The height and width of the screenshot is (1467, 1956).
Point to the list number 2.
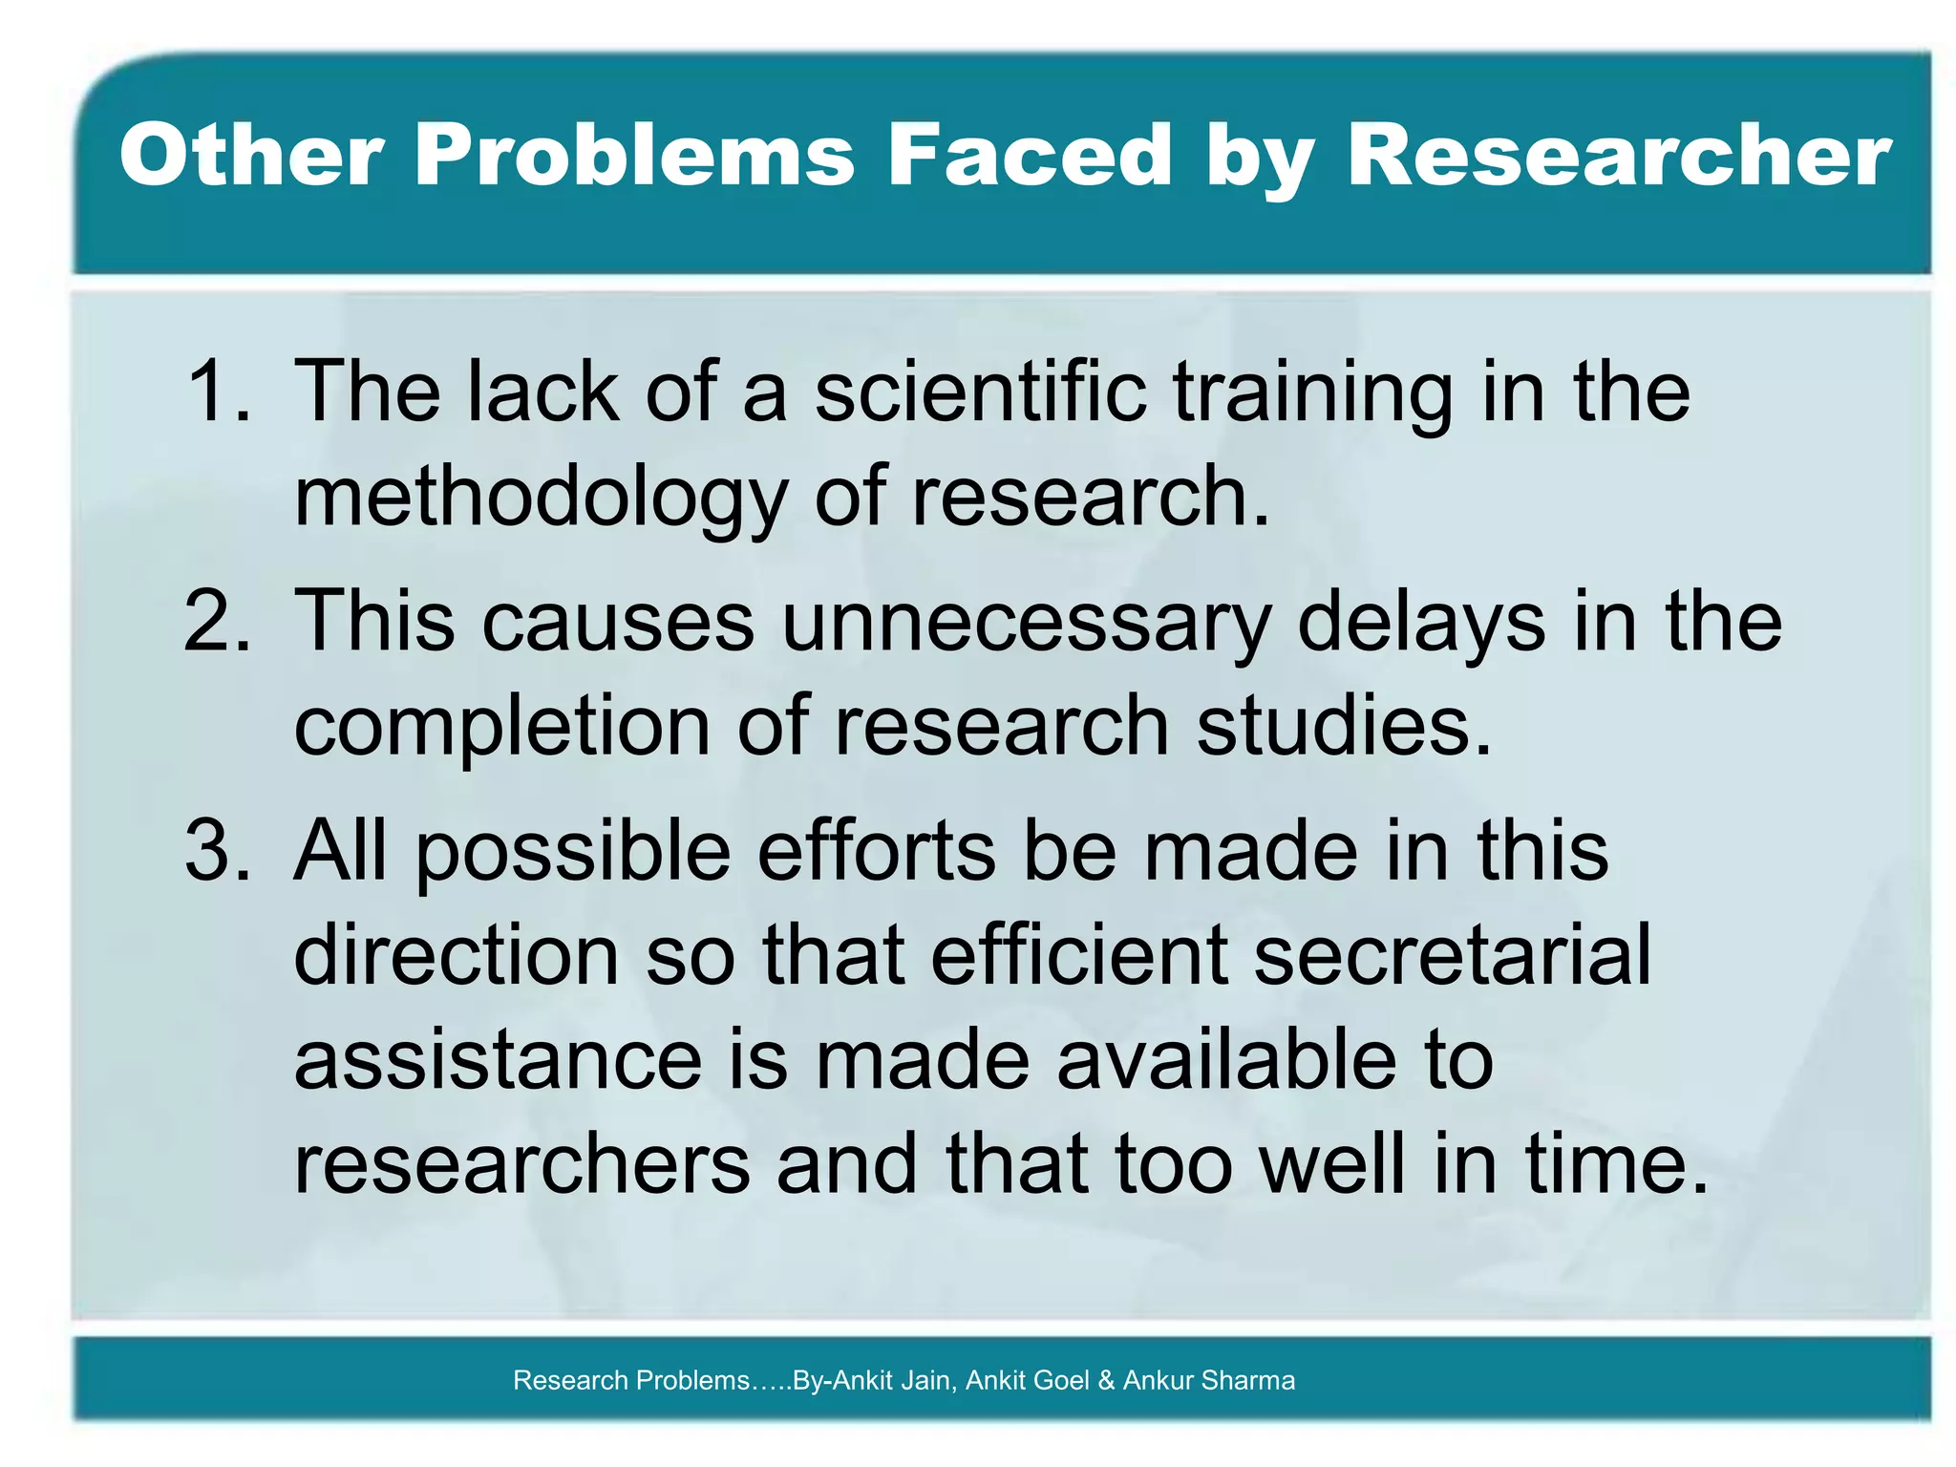(218, 621)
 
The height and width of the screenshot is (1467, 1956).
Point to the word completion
(502, 726)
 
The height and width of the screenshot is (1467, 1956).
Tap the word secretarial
(1452, 955)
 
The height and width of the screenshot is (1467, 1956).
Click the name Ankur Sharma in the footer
(1209, 1380)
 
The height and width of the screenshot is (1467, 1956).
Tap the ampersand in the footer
(1106, 1380)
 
